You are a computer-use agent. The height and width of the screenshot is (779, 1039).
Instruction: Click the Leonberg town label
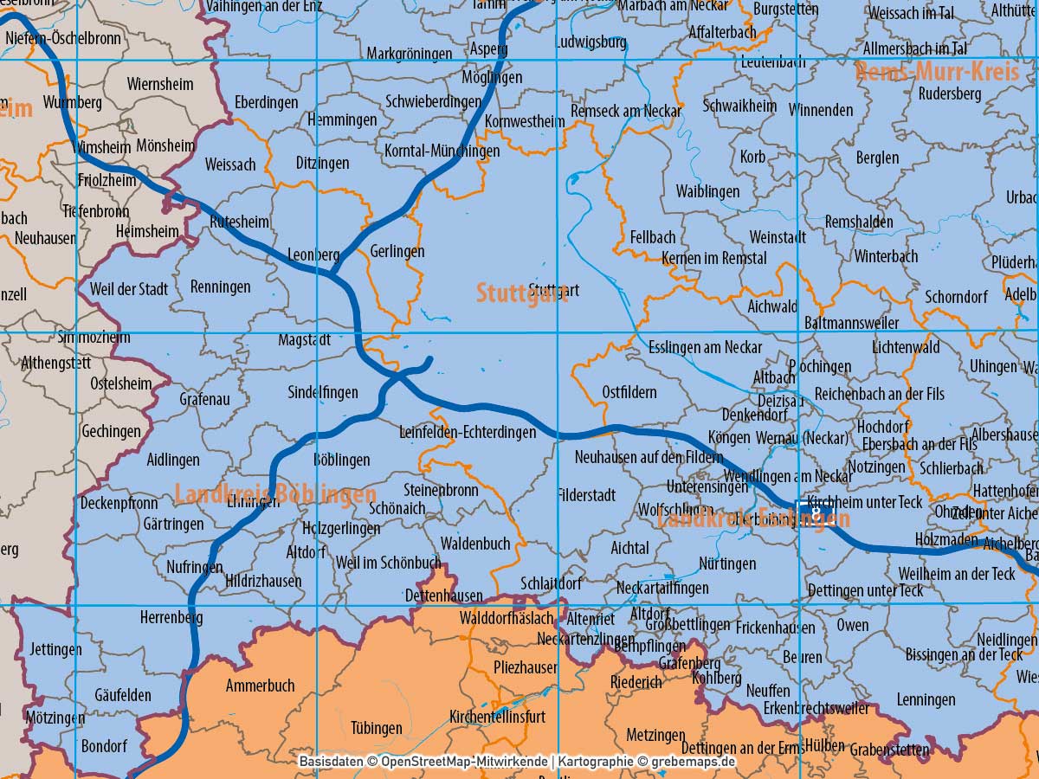pyautogui.click(x=313, y=255)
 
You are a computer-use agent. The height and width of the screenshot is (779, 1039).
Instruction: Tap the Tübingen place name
pyautogui.click(x=377, y=728)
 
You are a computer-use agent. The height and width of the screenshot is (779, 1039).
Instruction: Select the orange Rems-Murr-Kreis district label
pyautogui.click(x=937, y=72)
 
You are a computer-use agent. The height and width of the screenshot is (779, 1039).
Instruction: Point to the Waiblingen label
pyautogui.click(x=707, y=191)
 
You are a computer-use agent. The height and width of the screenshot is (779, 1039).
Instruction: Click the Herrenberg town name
pyautogui.click(x=171, y=618)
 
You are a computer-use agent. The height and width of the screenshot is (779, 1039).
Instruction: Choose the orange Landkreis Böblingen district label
pyautogui.click(x=275, y=495)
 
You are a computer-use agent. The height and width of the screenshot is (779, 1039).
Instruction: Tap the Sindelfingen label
pyautogui.click(x=323, y=393)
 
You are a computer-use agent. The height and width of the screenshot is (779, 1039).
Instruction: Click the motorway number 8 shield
pyautogui.click(x=815, y=512)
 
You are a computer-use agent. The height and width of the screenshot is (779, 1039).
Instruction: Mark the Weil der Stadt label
pyautogui.click(x=129, y=288)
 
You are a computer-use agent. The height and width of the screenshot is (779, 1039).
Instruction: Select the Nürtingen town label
pyautogui.click(x=726, y=563)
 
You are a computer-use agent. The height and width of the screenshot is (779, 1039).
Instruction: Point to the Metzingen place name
pyautogui.click(x=655, y=735)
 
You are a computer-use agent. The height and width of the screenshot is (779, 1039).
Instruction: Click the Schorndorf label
pyautogui.click(x=956, y=297)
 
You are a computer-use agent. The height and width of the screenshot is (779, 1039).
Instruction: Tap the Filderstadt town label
pyautogui.click(x=587, y=496)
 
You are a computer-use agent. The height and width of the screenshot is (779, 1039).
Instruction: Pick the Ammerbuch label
pyautogui.click(x=260, y=686)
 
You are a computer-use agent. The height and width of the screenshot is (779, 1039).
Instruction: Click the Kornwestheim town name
pyautogui.click(x=525, y=121)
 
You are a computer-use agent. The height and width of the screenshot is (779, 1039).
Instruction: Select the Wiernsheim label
pyautogui.click(x=160, y=84)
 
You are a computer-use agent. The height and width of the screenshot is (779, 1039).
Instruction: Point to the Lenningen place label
pyautogui.click(x=926, y=699)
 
